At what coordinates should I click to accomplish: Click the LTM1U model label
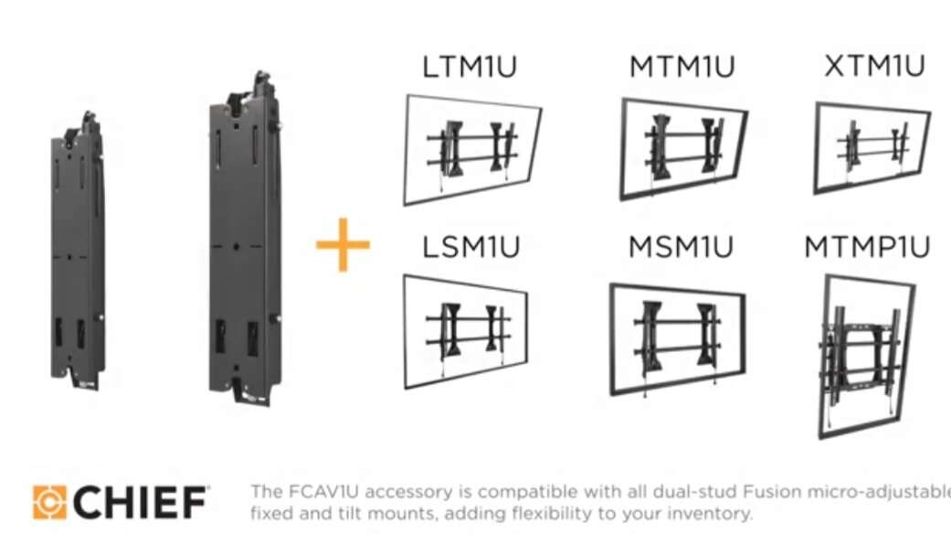tap(470, 67)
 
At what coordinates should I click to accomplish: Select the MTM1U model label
tap(682, 67)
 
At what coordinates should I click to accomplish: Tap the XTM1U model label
tap(874, 66)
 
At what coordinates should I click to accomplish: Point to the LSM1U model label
tap(470, 247)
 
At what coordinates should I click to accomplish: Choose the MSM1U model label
tap(682, 247)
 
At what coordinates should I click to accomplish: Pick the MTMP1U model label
tap(867, 247)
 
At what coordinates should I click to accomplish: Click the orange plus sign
tap(343, 245)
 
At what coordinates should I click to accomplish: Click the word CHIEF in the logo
tap(140, 502)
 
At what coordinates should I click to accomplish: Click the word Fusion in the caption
tap(704, 492)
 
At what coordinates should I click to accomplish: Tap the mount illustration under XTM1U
tap(872, 146)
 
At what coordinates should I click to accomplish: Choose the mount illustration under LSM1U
tap(467, 329)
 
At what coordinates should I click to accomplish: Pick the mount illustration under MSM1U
tap(677, 337)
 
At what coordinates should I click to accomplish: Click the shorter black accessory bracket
tap(79, 251)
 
